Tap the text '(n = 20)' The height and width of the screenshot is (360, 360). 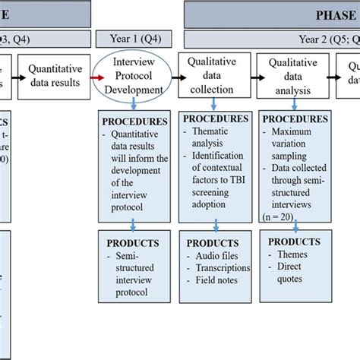click(279, 215)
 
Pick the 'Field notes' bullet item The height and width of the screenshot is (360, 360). click(215, 279)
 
